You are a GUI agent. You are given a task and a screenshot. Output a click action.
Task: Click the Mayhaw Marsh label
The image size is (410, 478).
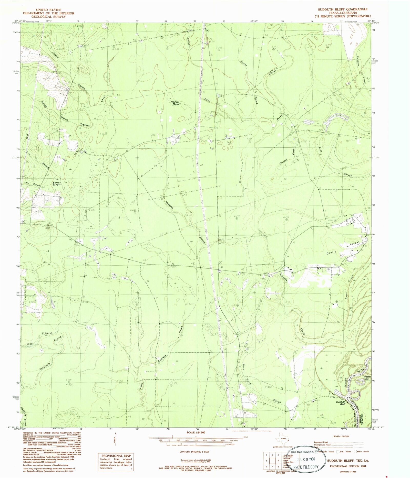(175, 102)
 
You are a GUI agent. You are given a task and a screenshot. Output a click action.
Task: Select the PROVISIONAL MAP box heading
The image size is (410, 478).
(116, 455)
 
